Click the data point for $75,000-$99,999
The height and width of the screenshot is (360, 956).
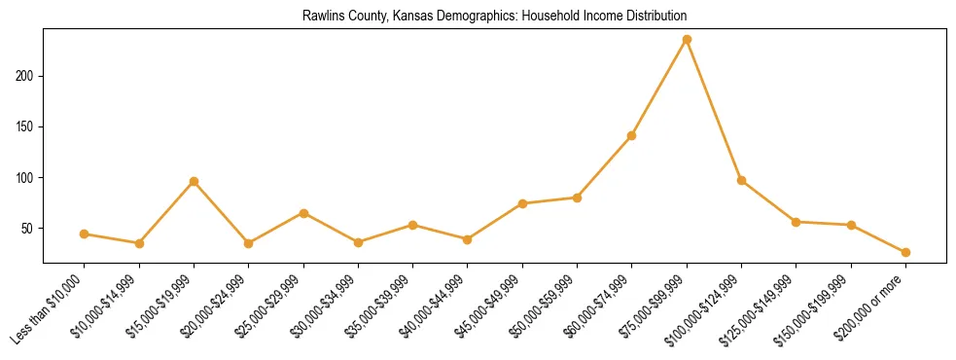(687, 39)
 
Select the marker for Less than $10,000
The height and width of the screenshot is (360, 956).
(85, 234)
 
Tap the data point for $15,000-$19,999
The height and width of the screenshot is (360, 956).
(195, 181)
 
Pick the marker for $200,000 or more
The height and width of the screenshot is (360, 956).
(905, 252)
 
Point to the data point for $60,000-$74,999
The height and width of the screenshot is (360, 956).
(632, 135)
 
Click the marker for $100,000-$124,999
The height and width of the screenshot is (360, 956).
(742, 180)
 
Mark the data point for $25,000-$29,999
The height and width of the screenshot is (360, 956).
(303, 213)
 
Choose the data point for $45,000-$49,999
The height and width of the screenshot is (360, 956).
(522, 203)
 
